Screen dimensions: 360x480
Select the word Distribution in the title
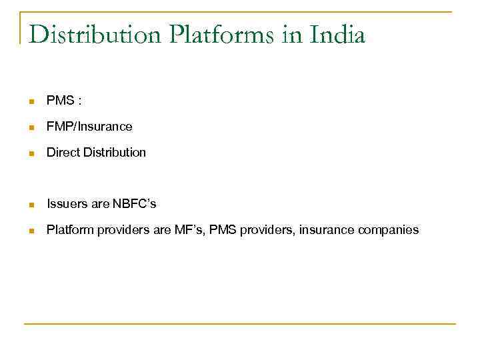tap(95, 34)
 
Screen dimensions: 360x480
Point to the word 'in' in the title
tap(292, 34)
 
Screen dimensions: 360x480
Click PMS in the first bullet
tap(59, 101)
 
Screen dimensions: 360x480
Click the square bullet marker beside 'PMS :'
tap(31, 102)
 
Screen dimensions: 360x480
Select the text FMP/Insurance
tap(89, 127)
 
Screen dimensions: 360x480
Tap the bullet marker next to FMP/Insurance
tap(31, 127)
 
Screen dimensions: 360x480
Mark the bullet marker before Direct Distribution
tap(31, 153)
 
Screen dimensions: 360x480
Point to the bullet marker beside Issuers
tap(31, 205)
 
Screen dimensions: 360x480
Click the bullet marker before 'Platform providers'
tap(31, 231)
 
